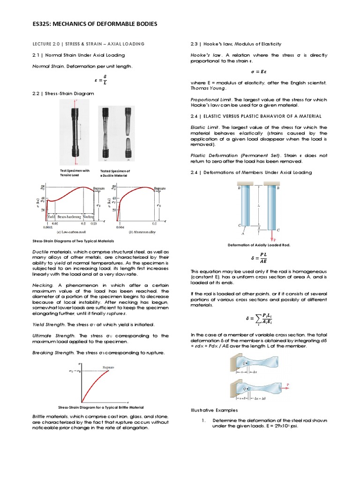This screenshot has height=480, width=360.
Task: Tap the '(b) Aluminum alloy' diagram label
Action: click(x=143, y=232)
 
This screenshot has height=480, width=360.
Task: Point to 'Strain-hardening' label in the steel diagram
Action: click(x=69, y=217)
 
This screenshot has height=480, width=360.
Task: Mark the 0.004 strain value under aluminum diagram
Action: click(x=120, y=227)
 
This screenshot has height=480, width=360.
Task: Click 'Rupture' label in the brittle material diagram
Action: click(x=109, y=367)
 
